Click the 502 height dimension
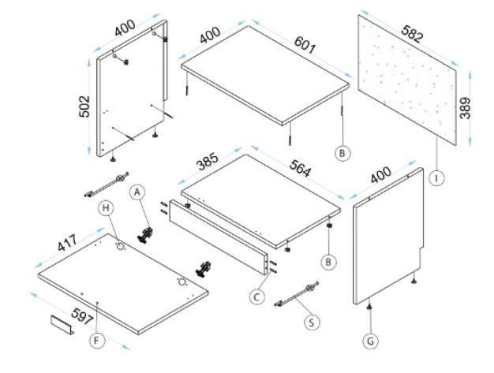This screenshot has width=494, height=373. point(84,106)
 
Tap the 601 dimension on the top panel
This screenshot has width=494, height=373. point(305,45)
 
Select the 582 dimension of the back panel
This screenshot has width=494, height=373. point(413,34)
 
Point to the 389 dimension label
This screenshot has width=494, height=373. point(465,108)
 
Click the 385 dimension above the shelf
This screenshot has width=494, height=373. point(207,161)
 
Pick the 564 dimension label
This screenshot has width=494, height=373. point(301,169)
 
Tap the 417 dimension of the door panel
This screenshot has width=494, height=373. point(67,243)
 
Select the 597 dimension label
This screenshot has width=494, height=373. point(83,316)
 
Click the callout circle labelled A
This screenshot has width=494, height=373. point(137,192)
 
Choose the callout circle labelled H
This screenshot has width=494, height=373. point(106,208)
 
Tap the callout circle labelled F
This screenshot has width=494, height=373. point(97,340)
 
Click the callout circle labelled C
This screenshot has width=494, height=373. point(256,297)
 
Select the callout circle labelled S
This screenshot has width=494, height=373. point(311,323)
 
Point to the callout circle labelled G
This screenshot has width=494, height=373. point(371,341)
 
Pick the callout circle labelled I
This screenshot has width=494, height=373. point(436,178)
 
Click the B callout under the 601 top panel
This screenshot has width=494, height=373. point(342,154)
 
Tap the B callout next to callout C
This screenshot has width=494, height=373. point(328,262)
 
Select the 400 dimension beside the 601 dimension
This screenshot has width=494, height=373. point(210,35)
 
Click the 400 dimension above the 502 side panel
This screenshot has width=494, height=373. point(125,28)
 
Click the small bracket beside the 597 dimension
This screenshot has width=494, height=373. point(62,325)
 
